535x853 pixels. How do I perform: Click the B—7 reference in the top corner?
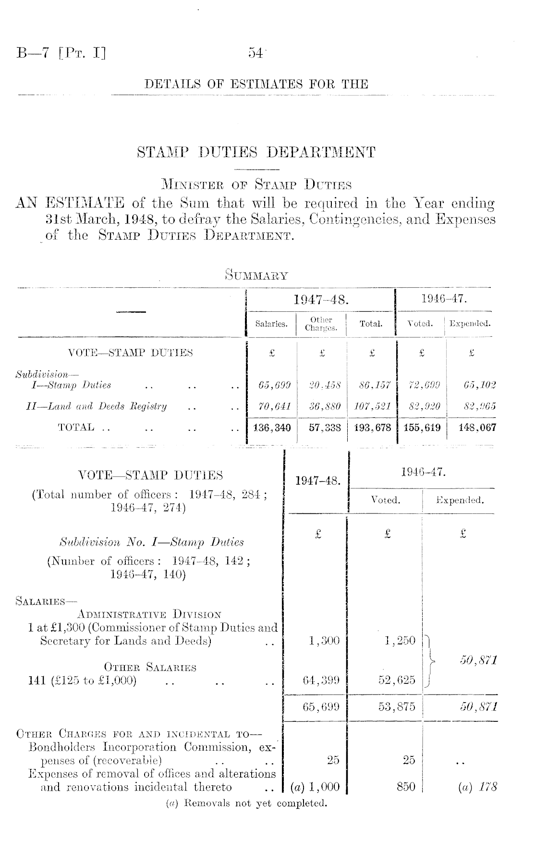(x=61, y=52)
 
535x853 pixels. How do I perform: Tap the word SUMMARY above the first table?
(x=256, y=276)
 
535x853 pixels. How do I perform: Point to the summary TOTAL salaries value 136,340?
(x=271, y=427)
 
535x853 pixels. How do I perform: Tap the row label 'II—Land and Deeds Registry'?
(x=97, y=406)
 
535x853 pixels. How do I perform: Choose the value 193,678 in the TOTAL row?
(x=370, y=427)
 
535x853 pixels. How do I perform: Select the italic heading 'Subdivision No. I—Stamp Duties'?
(x=151, y=542)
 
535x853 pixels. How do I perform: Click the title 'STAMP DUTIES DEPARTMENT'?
(x=256, y=153)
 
